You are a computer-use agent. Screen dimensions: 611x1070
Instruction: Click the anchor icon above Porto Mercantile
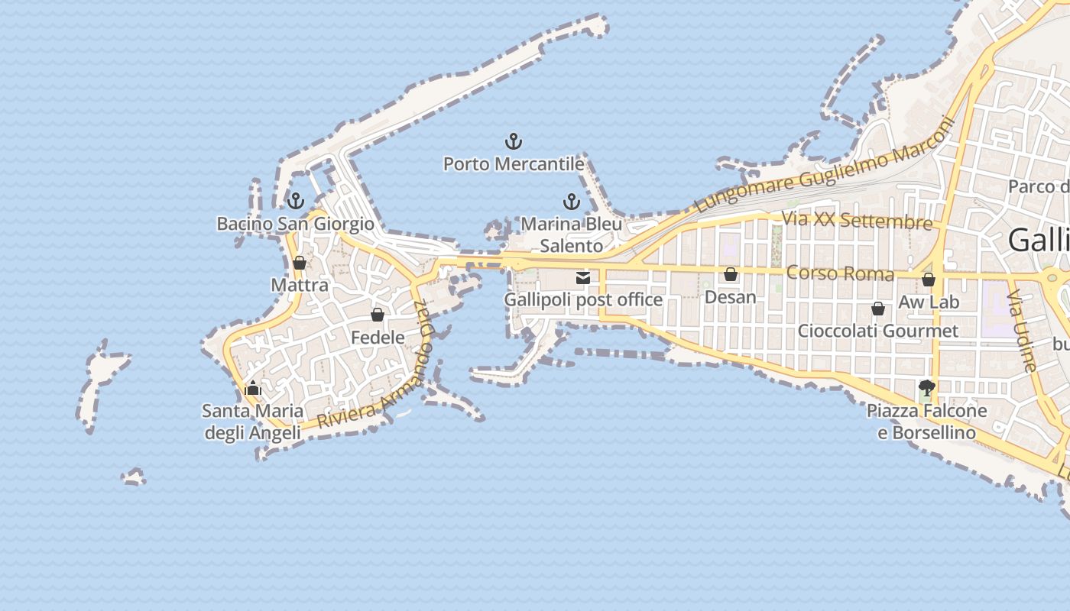(x=514, y=141)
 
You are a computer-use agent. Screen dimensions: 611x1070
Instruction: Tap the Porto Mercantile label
(x=514, y=163)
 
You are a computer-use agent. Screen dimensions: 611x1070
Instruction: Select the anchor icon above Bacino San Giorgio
(x=296, y=202)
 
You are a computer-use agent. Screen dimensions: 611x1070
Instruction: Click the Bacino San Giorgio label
(x=296, y=224)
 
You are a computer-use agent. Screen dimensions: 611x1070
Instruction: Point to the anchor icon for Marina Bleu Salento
(x=571, y=202)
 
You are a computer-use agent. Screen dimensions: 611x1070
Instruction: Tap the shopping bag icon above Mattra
(x=300, y=263)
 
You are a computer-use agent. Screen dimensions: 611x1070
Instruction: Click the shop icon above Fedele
(x=378, y=315)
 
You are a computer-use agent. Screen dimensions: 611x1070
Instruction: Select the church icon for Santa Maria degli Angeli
(x=253, y=389)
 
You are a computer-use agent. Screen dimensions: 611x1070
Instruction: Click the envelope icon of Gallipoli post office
(x=583, y=278)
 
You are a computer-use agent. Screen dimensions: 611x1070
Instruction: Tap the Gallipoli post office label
(x=583, y=299)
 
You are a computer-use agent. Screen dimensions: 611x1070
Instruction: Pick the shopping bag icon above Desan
(x=731, y=274)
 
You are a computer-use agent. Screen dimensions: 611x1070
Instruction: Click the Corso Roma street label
(x=840, y=273)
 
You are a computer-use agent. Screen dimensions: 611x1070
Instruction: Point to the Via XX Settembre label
(x=857, y=221)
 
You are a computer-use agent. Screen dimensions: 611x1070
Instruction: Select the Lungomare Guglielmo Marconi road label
(x=825, y=169)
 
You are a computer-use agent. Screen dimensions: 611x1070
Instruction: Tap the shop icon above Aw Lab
(x=929, y=280)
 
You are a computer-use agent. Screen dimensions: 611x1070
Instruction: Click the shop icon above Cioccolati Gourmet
(x=878, y=309)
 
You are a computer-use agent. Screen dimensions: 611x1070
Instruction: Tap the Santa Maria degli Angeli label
(x=251, y=422)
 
